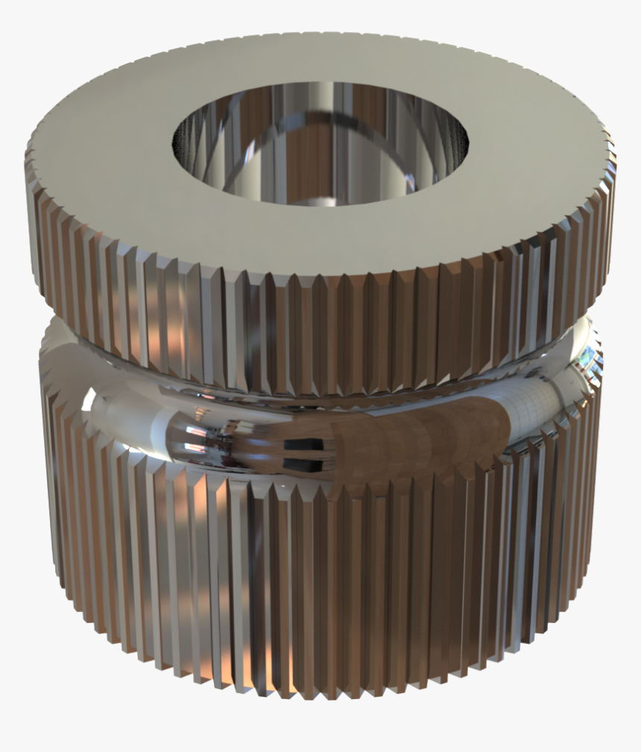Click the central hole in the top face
coord(320,145)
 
